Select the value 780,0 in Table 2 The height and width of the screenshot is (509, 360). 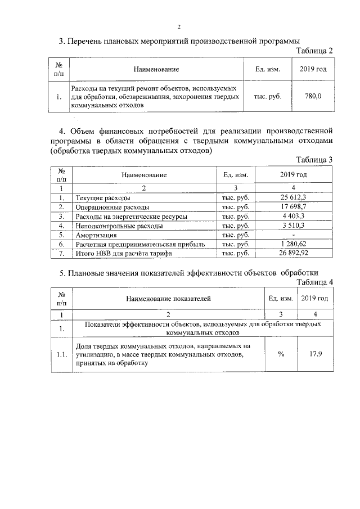313,96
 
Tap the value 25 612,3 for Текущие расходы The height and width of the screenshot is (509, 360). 292,198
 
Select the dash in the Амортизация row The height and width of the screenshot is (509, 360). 293,235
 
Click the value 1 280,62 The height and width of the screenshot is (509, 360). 293,244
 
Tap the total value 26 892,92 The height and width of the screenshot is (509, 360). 293,253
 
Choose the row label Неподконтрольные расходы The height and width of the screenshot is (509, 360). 111,226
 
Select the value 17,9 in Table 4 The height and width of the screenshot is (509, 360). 316,355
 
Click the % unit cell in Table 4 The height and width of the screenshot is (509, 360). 280,355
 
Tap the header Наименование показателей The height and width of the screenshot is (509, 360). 168,299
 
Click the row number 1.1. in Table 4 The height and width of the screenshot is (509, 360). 62,355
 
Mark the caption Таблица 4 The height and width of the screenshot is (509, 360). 314,282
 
